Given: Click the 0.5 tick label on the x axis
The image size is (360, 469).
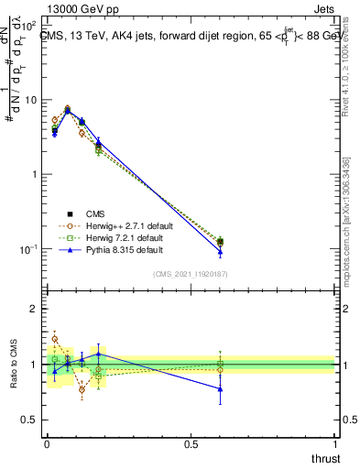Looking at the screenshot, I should (191, 444).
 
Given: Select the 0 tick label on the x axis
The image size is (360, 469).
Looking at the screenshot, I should (48, 444).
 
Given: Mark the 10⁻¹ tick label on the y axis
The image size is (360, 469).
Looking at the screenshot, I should (30, 249).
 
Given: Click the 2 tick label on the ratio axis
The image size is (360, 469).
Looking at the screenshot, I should (37, 309).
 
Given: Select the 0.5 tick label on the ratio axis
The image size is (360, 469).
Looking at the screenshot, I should (32, 420).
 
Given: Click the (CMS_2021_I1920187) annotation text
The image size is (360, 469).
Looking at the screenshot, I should (191, 274).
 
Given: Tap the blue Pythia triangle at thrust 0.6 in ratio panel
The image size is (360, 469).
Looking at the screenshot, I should (220, 389).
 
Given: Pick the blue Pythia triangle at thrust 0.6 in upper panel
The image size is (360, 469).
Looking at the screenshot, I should (220, 252).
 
